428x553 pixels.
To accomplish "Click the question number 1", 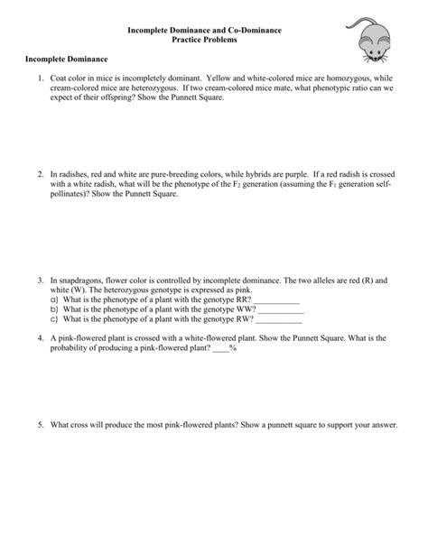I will tap(41, 78).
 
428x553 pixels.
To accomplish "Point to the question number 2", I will tap(41, 172).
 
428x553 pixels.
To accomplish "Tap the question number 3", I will tap(41, 281).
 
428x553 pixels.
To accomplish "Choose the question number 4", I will tap(41, 338).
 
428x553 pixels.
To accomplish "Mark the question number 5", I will tap(41, 423).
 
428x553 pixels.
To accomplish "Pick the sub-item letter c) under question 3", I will tap(54, 319).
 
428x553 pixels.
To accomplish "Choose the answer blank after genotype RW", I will tap(280, 320).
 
